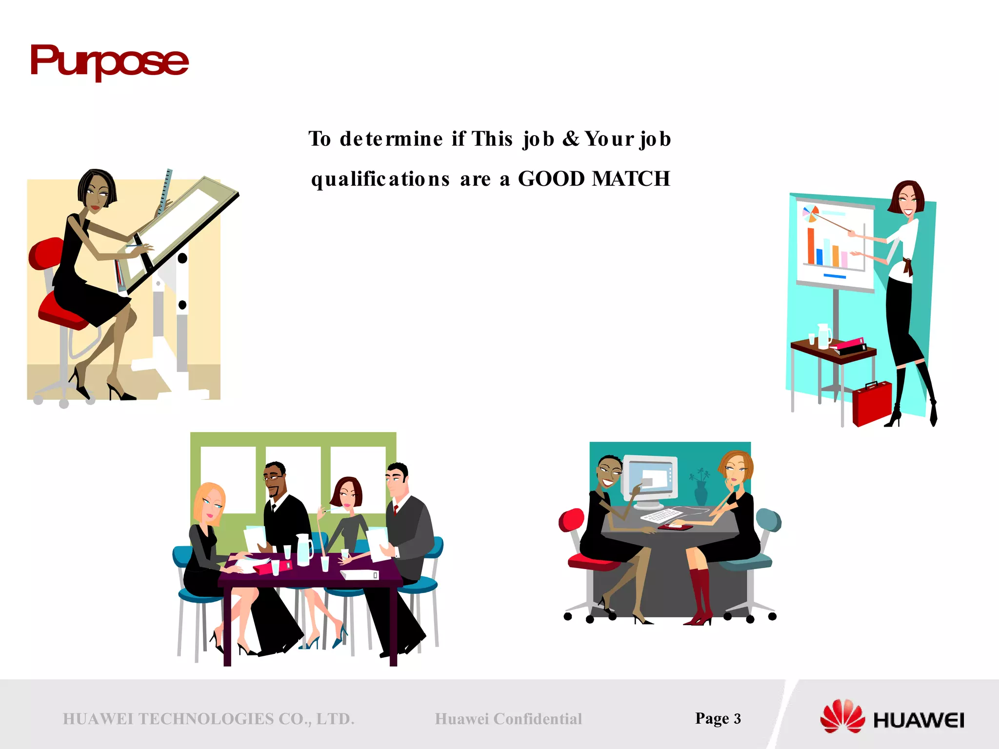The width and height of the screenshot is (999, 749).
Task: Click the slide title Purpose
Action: coord(109,61)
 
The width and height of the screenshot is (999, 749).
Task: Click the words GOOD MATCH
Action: coord(594,179)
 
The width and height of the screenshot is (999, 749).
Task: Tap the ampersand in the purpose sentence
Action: coord(571,139)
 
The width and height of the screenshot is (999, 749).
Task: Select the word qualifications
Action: coord(380,179)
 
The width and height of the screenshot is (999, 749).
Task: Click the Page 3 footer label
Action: coord(718,718)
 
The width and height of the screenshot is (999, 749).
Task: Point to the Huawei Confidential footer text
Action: coord(508,719)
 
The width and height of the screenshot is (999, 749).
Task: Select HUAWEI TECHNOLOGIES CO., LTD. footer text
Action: coord(208,719)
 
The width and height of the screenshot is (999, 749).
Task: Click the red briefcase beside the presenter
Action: coord(872,403)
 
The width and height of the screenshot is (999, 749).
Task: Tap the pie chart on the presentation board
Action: coord(810,214)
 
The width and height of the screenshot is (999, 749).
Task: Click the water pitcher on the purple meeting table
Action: coord(303,549)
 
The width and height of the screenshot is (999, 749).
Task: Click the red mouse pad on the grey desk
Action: coord(675,526)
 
